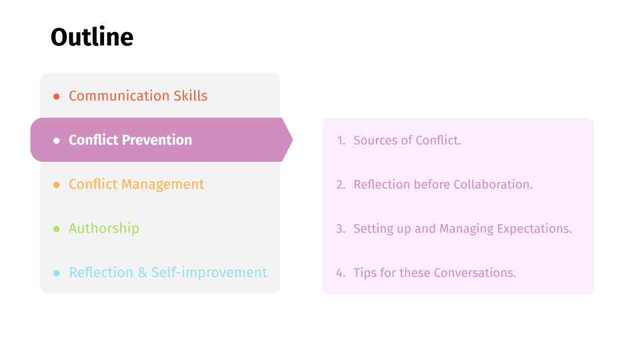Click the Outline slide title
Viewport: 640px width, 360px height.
pyautogui.click(x=92, y=37)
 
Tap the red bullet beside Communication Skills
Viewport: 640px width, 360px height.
pyautogui.click(x=56, y=96)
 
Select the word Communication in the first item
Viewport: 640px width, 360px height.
pyautogui.click(x=119, y=95)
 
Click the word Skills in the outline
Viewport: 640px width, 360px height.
pyautogui.click(x=191, y=95)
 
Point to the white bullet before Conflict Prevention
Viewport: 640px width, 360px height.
pyautogui.click(x=56, y=141)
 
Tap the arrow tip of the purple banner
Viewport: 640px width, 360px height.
pyautogui.click(x=293, y=139)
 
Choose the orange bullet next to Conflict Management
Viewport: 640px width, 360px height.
pyautogui.click(x=56, y=185)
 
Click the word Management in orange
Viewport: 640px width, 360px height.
pyautogui.click(x=163, y=185)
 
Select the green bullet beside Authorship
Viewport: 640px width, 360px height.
pyautogui.click(x=56, y=229)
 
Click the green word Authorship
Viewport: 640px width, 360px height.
pyautogui.click(x=104, y=228)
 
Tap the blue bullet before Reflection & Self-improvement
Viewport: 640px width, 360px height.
pyautogui.click(x=56, y=273)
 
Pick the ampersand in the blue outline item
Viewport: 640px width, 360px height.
pyautogui.click(x=143, y=272)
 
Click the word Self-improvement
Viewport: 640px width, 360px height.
pyautogui.click(x=209, y=272)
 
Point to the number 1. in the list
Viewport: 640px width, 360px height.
pyautogui.click(x=341, y=141)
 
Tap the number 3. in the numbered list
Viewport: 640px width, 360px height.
pyautogui.click(x=341, y=229)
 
